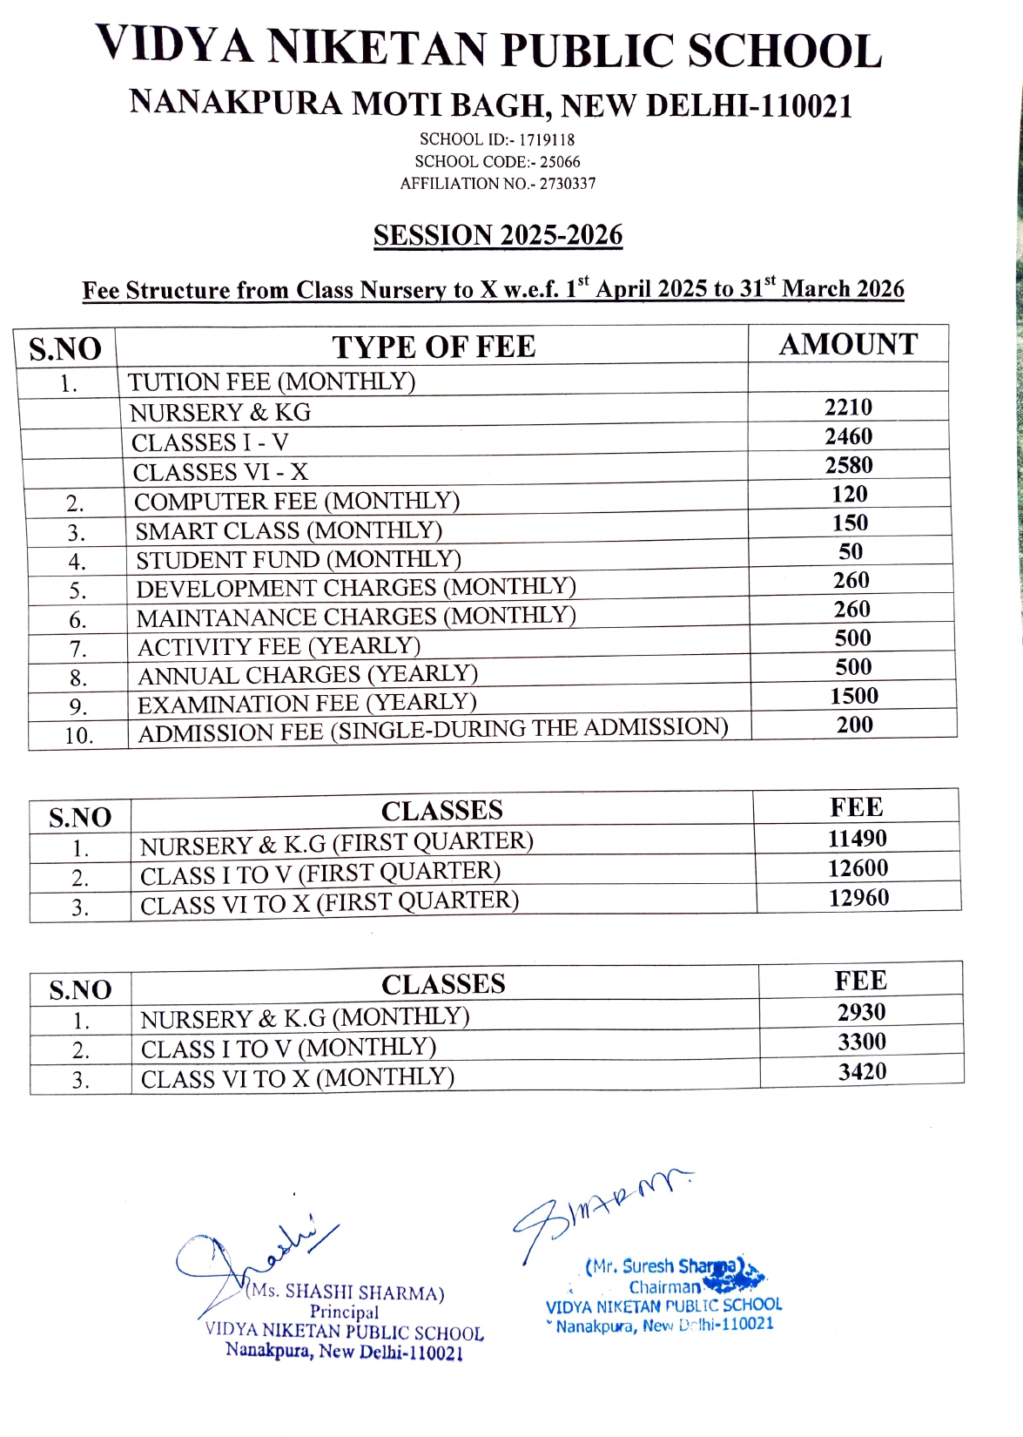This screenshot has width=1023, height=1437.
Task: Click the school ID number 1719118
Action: [547, 139]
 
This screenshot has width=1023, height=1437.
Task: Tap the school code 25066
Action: [560, 162]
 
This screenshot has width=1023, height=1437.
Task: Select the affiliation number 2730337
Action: [568, 184]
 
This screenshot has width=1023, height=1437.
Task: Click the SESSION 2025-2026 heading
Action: [498, 235]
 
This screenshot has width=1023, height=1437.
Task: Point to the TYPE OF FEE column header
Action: [434, 347]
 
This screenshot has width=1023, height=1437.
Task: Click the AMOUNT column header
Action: [848, 344]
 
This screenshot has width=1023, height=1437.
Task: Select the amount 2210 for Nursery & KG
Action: [848, 407]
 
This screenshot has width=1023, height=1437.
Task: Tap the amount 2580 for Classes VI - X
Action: [849, 465]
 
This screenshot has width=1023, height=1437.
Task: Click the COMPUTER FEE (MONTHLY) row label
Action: [297, 502]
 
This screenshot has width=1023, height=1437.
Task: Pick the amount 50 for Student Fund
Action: [851, 551]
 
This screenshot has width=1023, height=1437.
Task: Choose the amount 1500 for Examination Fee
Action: [853, 696]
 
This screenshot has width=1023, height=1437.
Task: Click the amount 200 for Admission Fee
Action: [854, 725]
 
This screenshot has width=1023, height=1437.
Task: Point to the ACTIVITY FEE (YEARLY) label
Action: [279, 647]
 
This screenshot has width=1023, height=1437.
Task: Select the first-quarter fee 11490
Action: [858, 839]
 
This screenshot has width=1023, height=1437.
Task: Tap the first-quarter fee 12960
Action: [858, 898]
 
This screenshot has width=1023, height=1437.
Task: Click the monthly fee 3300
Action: [862, 1042]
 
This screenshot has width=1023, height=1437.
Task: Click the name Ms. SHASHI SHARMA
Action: [347, 1292]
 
